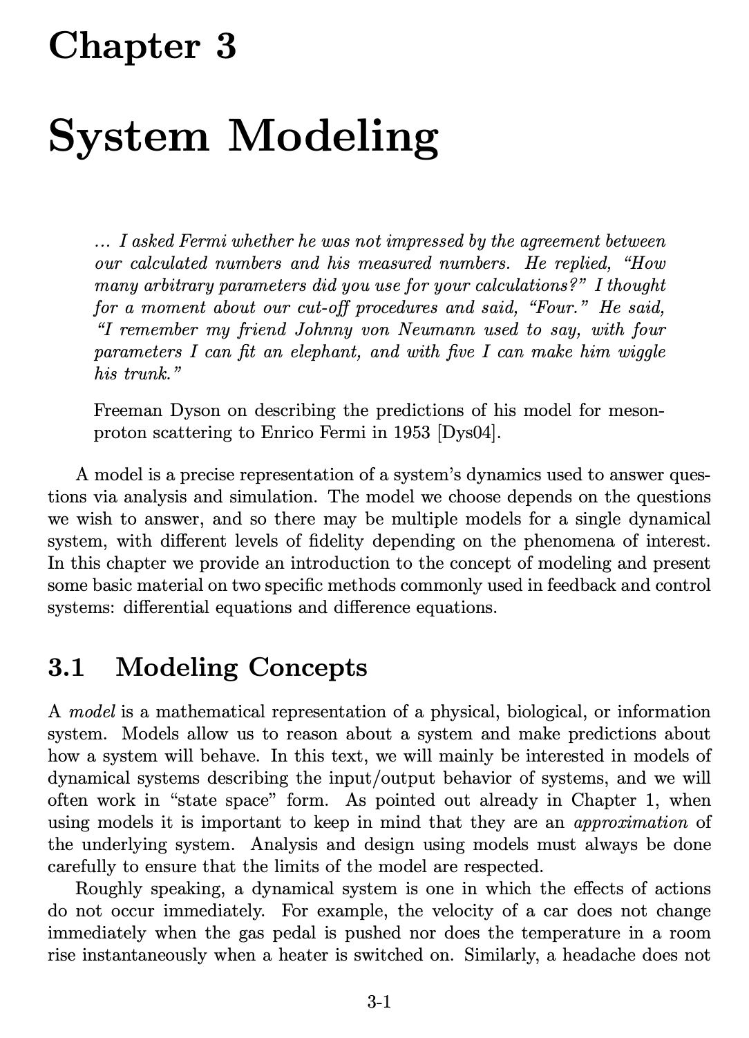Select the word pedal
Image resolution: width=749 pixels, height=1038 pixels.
click(357, 933)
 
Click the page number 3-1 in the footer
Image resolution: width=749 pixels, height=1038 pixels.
click(379, 1001)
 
